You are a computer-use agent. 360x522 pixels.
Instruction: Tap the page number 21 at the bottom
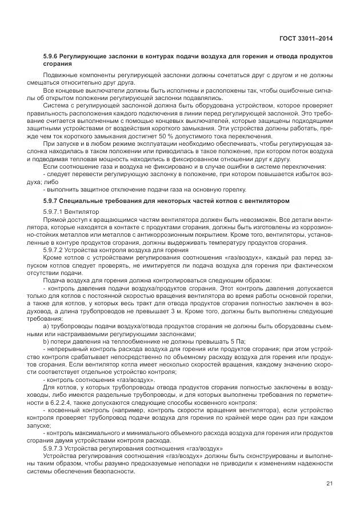pyautogui.click(x=329, y=485)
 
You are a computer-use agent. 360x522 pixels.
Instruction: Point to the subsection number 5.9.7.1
pyautogui.click(x=54, y=212)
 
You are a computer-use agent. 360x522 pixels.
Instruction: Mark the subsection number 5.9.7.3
pyautogui.click(x=54, y=448)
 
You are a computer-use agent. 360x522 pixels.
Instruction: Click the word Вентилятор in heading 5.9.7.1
pyautogui.click(x=85, y=212)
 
